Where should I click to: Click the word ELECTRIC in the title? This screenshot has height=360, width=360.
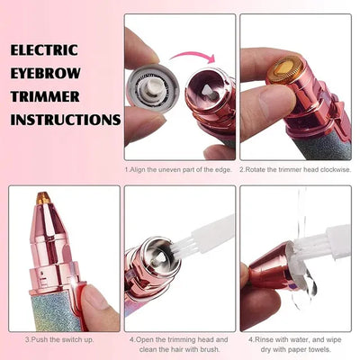(46, 49)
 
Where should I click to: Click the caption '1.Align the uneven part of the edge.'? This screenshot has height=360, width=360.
(179, 169)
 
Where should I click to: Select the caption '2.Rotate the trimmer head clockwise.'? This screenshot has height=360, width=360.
(294, 169)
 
